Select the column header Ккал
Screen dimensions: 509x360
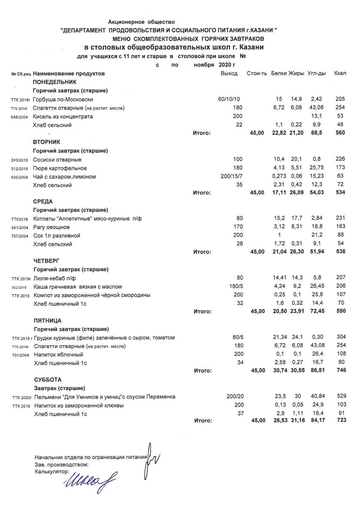340,73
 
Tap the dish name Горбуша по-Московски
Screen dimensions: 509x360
63,99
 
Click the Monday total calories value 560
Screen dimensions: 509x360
340,133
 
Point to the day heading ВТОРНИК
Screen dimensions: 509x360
46,142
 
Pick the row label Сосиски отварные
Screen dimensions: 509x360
57,159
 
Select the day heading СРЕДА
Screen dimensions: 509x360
43,201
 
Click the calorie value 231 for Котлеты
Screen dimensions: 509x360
340,219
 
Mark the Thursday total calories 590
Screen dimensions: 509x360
340,311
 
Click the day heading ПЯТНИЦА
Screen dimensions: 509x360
47,320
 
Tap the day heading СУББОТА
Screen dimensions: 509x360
47,380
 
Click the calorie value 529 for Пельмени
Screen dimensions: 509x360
340,397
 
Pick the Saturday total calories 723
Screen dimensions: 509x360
340,420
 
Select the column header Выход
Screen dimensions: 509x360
229,73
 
